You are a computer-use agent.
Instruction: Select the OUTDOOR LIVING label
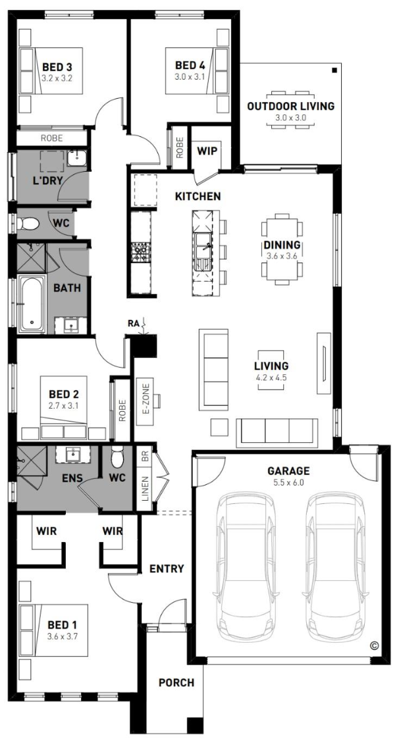click(291, 107)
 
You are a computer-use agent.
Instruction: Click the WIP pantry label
click(207, 151)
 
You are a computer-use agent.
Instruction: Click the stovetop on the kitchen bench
click(140, 253)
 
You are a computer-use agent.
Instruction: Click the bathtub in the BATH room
click(32, 304)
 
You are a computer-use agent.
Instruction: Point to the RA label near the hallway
click(133, 323)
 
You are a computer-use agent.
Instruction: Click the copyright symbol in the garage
click(374, 646)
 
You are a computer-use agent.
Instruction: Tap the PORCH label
click(176, 682)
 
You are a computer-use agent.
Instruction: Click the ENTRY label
click(167, 569)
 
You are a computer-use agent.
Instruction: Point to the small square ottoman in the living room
click(219, 427)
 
